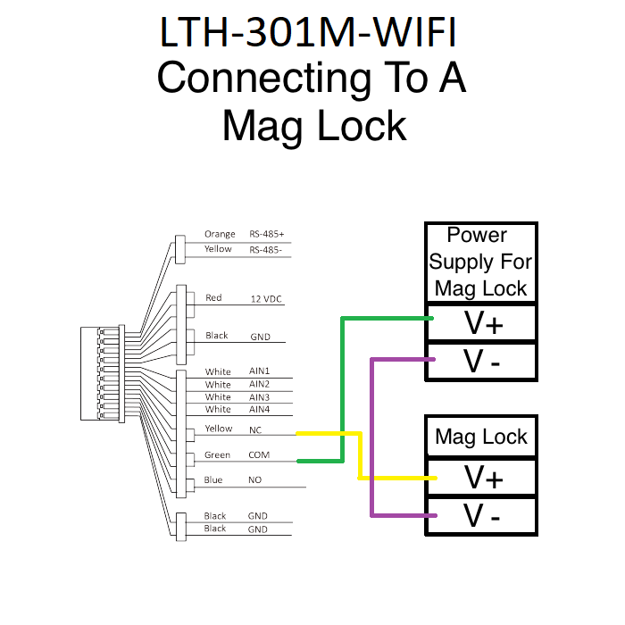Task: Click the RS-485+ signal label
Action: [266, 235]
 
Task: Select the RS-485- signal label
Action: [265, 250]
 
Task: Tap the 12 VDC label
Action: [266, 298]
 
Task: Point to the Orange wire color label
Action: [219, 235]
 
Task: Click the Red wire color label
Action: [213, 298]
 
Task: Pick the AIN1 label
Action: [258, 371]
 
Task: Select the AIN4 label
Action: [258, 410]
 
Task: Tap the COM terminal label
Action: [258, 455]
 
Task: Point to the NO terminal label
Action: [254, 480]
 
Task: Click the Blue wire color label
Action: [213, 480]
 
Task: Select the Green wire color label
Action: [217, 455]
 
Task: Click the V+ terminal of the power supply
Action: [483, 323]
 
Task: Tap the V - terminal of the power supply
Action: [483, 362]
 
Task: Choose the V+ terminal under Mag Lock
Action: [483, 479]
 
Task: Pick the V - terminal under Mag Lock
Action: [483, 516]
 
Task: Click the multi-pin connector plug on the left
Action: [101, 373]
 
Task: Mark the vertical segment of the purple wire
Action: [371, 437]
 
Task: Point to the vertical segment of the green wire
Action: [342, 388]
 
